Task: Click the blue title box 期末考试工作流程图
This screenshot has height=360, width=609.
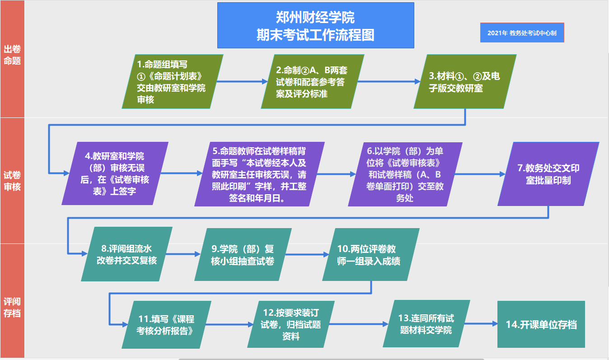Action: [x=316, y=25]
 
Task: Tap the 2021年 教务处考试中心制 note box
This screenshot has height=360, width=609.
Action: [x=522, y=33]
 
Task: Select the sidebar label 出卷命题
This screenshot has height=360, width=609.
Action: [x=12, y=55]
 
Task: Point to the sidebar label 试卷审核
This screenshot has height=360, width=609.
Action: [x=12, y=181]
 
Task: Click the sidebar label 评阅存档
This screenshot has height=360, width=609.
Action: [x=12, y=307]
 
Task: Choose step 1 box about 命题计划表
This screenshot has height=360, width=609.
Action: [x=173, y=82]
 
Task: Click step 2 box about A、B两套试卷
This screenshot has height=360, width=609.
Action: [x=313, y=82]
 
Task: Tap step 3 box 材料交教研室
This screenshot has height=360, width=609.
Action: [x=465, y=82]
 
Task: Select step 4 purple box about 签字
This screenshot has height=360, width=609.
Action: [x=115, y=173]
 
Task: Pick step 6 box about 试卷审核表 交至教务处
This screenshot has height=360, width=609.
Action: [x=405, y=174]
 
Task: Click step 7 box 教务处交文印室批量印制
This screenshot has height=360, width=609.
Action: [x=548, y=174]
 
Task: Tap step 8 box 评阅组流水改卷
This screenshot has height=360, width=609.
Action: [x=126, y=254]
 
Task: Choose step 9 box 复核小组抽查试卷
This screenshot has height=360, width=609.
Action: [x=243, y=254]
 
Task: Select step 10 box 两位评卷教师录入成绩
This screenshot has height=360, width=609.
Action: [x=371, y=254]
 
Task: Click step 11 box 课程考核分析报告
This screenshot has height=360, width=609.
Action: [x=166, y=325]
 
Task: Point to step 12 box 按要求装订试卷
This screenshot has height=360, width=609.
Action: [x=291, y=324]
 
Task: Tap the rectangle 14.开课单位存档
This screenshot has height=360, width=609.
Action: [x=541, y=324]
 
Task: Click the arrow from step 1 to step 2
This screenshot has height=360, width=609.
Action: [x=242, y=81]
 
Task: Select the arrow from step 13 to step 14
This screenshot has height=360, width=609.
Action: [x=481, y=323]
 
